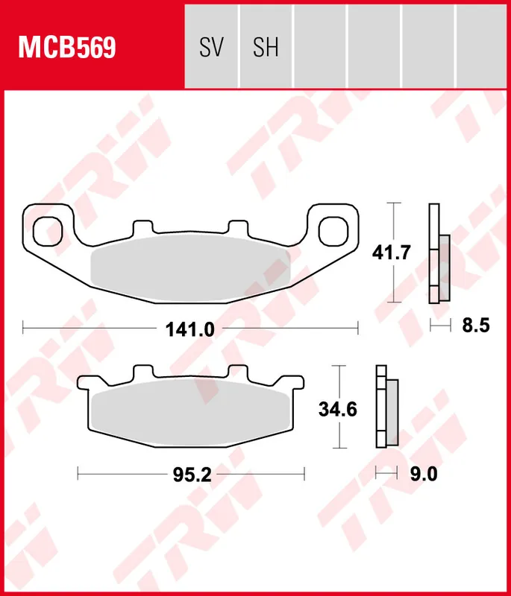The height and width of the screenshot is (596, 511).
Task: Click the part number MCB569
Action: [x=67, y=48]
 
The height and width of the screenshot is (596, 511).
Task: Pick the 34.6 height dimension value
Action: [x=338, y=409]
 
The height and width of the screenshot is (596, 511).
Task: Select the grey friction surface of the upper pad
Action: [x=190, y=268]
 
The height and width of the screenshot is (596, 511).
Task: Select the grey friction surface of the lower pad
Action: [x=190, y=413]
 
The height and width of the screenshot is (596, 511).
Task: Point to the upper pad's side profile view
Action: [x=439, y=253]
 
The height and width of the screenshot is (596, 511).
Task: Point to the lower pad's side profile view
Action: [x=386, y=408]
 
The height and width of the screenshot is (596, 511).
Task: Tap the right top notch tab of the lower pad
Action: [x=238, y=372]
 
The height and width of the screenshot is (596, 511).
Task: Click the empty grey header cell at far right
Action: [x=482, y=45]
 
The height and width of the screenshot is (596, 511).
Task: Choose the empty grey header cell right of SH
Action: [x=320, y=45]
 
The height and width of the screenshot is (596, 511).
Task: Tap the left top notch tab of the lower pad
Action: [x=142, y=372]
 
